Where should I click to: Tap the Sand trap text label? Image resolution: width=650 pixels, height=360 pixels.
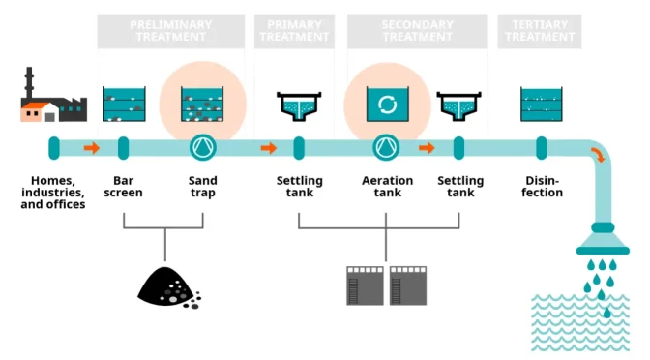203,187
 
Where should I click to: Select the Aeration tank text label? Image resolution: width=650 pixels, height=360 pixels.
387,187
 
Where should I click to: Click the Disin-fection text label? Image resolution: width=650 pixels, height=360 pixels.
542,187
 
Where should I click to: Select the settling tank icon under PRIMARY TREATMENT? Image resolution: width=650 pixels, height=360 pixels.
300,105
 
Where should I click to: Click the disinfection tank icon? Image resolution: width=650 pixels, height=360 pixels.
542,104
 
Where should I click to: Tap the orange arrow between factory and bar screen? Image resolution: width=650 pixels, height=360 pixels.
91,148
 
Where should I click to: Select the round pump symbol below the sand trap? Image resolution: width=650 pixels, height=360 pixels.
203,148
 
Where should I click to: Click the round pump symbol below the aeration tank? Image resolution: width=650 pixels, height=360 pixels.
387,148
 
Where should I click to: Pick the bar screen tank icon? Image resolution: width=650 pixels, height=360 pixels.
124,104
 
